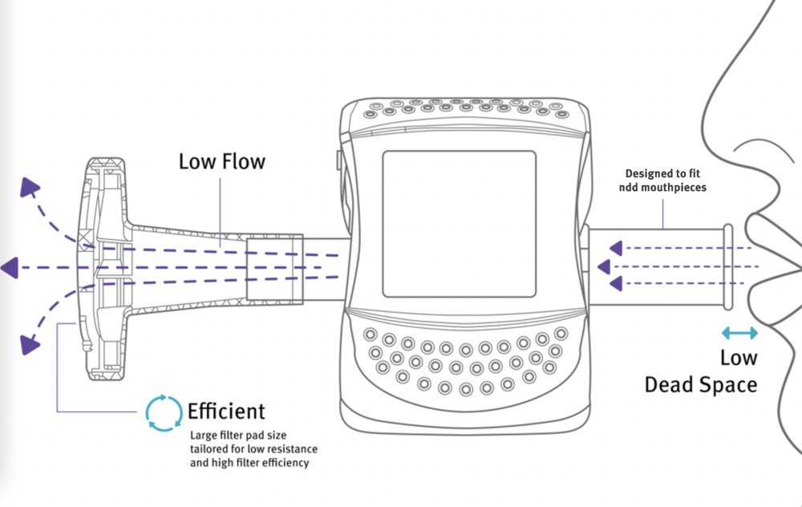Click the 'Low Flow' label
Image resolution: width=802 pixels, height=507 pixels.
[221, 161]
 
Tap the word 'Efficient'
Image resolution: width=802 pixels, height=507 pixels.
[226, 412]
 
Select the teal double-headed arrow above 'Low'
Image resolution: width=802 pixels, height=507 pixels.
[739, 332]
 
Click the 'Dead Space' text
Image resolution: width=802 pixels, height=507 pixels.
[701, 384]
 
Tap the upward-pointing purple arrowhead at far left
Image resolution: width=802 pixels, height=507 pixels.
[30, 188]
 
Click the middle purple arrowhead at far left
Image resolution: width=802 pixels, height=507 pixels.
[10, 267]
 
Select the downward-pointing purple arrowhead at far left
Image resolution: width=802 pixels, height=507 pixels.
[30, 345]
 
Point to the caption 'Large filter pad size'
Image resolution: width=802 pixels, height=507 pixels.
[238, 436]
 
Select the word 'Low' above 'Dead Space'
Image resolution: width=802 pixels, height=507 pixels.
[739, 357]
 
